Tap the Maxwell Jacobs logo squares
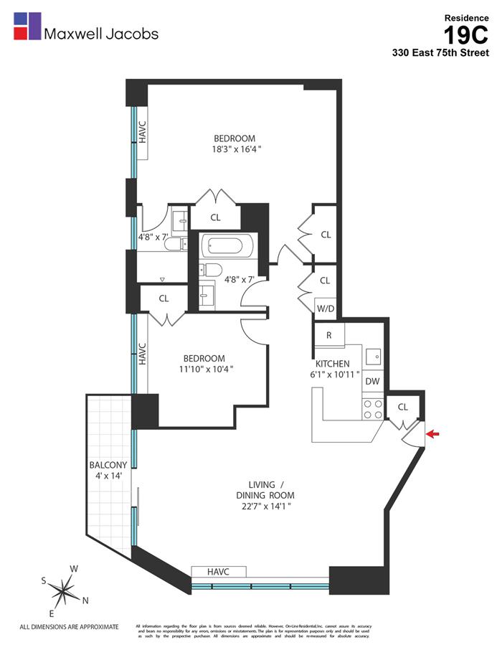pos(27,27)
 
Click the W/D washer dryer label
pos(325,308)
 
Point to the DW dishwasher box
pos(372,382)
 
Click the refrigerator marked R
pos(328,335)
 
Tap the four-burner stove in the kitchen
pos(372,409)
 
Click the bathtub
pos(227,246)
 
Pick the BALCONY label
pos(108,465)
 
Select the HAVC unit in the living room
pos(219,571)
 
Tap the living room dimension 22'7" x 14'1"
pos(265,507)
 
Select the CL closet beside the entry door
pos(402,407)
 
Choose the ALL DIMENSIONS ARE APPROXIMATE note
pos(69,626)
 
